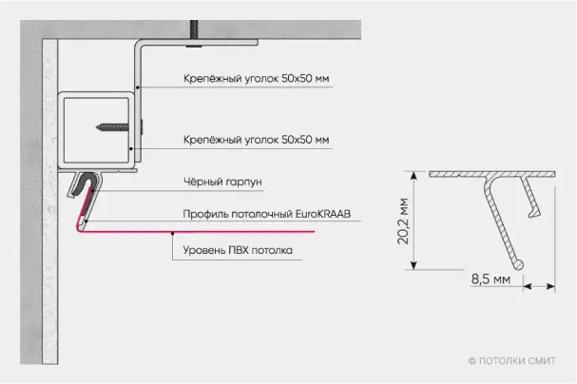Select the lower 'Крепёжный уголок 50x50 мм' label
point(257,140)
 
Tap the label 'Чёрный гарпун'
point(213,182)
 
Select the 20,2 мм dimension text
point(403,221)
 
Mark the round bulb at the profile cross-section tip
point(517,263)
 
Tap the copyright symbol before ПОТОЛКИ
point(471,360)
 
